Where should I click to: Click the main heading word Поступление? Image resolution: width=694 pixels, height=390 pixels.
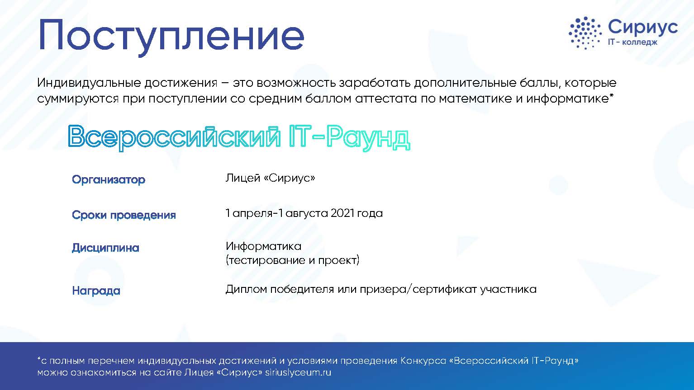(171, 36)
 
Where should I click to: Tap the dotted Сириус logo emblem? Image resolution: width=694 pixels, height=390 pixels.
(585, 33)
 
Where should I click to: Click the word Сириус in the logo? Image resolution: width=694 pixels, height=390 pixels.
(642, 27)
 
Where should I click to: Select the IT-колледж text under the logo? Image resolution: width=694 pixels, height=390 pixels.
(632, 42)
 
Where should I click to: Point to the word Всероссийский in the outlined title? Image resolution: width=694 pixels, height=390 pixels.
(174, 136)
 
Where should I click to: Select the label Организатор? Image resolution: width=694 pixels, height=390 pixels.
(109, 179)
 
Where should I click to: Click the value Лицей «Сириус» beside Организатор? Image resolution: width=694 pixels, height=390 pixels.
(270, 178)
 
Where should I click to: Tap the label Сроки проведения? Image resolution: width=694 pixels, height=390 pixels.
(124, 215)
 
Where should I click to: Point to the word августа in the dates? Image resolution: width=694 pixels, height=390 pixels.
(307, 214)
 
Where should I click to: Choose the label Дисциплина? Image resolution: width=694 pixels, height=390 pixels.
(106, 248)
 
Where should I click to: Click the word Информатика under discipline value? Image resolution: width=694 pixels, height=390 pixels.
(263, 246)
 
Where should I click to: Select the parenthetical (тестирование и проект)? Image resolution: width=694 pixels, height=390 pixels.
(292, 260)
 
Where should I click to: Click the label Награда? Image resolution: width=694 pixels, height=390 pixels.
(96, 291)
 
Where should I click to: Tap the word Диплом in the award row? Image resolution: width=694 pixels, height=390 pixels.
(246, 289)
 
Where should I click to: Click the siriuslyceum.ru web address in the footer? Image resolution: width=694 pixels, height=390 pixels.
(298, 372)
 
